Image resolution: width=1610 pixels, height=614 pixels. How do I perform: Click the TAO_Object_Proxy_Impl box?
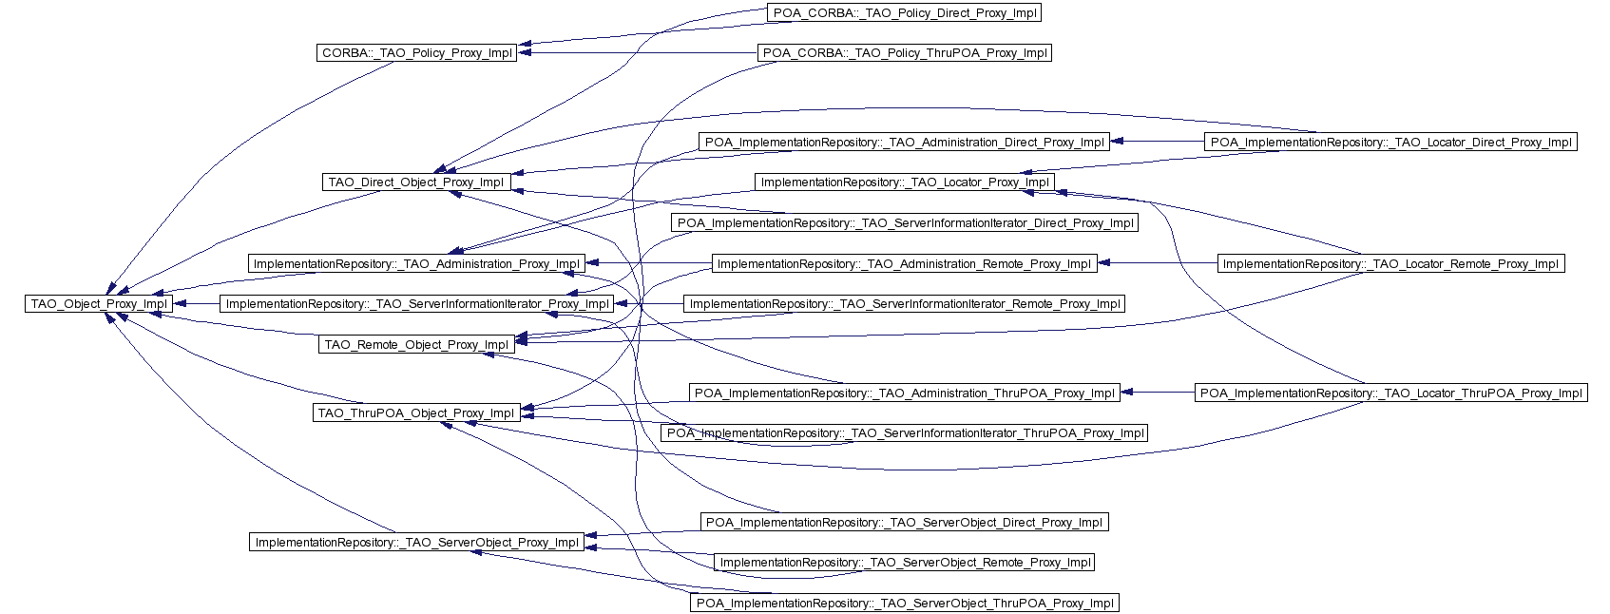tap(99, 304)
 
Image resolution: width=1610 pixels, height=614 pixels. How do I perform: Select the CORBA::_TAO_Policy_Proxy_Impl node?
tap(416, 53)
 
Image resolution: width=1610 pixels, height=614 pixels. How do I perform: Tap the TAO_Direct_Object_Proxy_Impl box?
tap(415, 182)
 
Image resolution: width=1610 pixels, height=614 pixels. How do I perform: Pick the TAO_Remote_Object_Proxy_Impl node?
tap(416, 345)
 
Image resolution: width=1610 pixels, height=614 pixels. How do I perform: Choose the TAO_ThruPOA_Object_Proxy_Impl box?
tap(415, 413)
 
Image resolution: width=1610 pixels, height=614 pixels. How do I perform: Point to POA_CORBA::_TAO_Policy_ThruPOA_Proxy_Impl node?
tap(905, 53)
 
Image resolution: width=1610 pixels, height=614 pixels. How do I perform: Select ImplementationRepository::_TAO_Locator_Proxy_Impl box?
tap(905, 182)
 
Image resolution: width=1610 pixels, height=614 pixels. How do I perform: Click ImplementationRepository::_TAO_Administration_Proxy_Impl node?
tap(416, 264)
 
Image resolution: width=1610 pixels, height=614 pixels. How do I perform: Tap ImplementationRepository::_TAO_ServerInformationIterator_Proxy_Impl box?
tap(417, 304)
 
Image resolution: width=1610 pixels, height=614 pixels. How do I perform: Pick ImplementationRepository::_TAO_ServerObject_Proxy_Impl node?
tap(417, 543)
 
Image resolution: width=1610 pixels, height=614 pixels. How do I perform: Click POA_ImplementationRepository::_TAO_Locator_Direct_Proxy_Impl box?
tap(1390, 143)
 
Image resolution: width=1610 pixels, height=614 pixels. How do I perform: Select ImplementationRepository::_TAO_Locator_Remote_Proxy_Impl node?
tap(1390, 264)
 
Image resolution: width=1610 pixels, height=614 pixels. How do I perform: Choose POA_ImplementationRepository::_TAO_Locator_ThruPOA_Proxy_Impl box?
tap(1390, 393)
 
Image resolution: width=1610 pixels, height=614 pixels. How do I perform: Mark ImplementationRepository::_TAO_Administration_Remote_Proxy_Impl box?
tap(904, 264)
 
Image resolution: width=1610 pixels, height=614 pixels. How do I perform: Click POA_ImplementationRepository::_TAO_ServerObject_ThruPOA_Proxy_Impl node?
tap(905, 604)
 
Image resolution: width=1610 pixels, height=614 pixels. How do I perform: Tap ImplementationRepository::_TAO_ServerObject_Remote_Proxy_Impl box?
tap(905, 563)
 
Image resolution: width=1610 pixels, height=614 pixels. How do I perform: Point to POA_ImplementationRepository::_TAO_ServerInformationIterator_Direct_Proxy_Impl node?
tap(905, 223)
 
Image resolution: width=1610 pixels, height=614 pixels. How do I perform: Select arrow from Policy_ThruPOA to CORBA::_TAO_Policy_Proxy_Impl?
tap(637, 53)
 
